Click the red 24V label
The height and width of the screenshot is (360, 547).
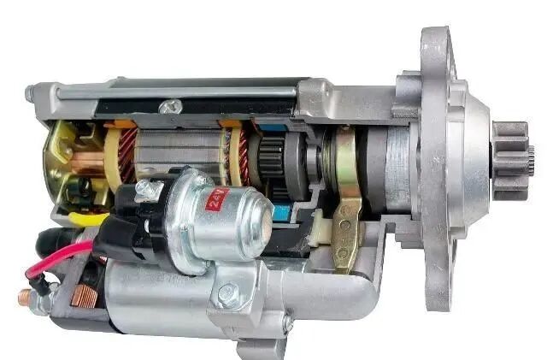218,199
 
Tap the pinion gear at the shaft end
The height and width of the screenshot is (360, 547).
511,160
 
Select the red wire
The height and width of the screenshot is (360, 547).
57,258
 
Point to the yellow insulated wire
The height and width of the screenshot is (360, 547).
88,219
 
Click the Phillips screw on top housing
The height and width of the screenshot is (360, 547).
170,106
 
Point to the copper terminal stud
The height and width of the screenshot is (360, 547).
25,298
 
